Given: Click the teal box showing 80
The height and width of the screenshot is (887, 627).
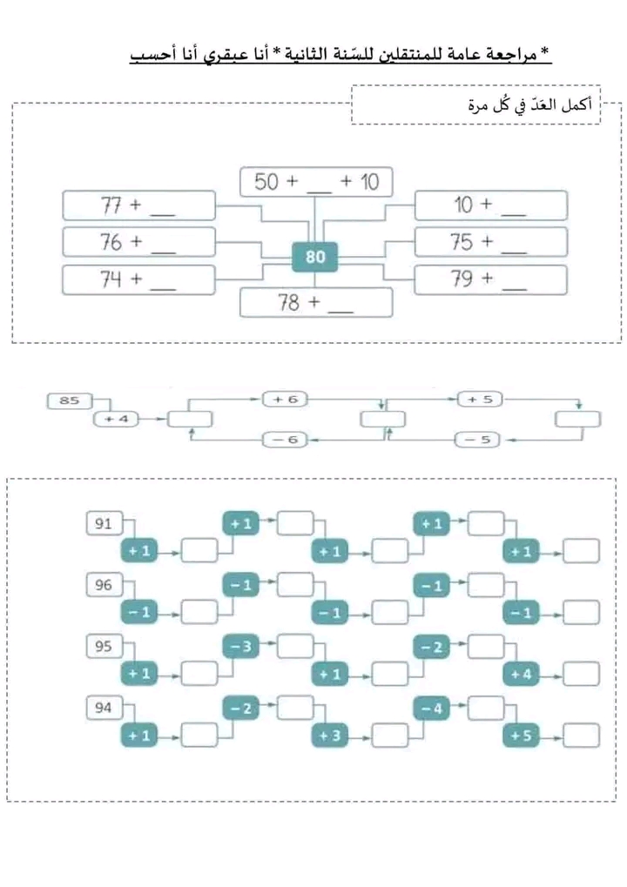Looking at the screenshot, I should pos(315,257).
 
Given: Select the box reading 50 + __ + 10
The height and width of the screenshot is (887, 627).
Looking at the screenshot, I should pos(316,182).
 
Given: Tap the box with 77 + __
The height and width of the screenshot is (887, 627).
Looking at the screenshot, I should pos(138,205).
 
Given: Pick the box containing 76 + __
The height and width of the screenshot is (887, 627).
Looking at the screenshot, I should pos(138,242).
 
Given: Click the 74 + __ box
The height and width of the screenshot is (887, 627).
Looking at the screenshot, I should pos(138,279).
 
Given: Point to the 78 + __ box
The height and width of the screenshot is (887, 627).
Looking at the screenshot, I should pos(316,303).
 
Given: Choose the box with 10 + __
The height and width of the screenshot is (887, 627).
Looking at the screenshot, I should pos(490,205).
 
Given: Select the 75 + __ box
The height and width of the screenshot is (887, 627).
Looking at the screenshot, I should pos(490,242).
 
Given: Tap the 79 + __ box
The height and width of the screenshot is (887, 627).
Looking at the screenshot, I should pos(490,279).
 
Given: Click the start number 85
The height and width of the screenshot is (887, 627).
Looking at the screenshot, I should pos(69,400).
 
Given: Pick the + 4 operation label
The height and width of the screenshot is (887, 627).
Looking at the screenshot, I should pos(117,420).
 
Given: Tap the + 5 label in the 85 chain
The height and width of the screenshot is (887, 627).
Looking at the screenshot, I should pos(480,399).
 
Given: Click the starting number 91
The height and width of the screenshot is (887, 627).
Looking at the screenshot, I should pos(104,524).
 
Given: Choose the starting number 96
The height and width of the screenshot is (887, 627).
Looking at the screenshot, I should pos(104,585).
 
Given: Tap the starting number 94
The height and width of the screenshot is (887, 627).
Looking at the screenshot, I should pos(104,708).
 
